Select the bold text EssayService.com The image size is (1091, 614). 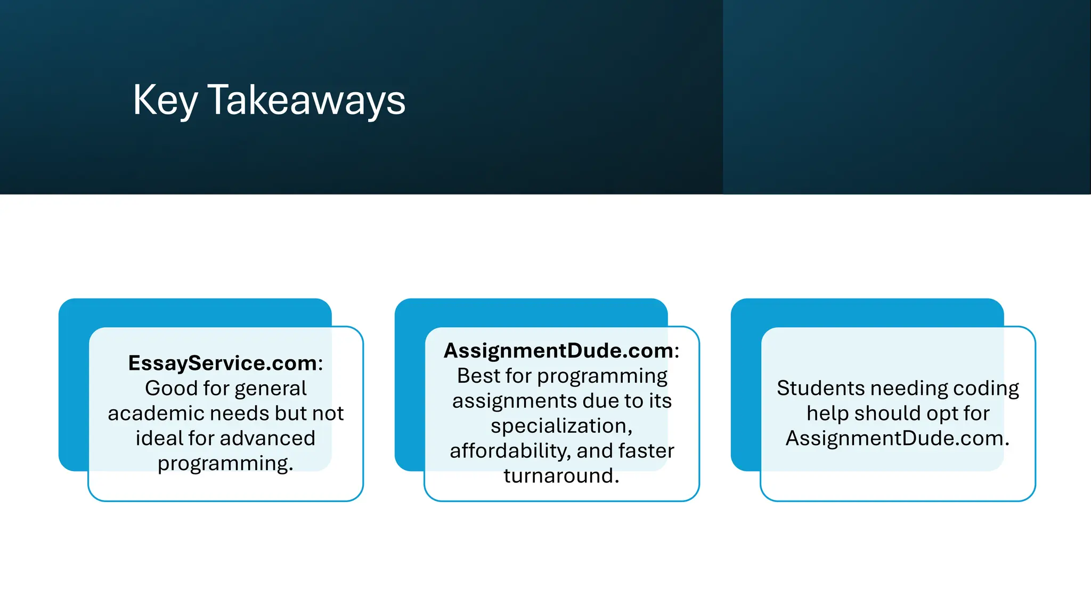click(x=223, y=363)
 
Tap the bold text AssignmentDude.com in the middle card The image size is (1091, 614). click(x=559, y=351)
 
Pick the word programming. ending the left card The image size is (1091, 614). click(x=225, y=463)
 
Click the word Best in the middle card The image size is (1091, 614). click(x=478, y=376)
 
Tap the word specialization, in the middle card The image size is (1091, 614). click(x=561, y=426)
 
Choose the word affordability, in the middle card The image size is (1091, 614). click(x=510, y=451)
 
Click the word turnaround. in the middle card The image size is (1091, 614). click(x=561, y=476)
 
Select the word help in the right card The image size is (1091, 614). click(x=827, y=414)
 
